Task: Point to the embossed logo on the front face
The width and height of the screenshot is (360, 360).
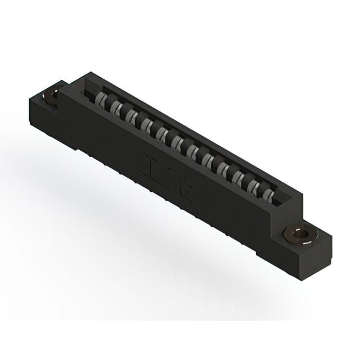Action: [169, 177]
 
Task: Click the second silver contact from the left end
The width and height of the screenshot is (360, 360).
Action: [116, 108]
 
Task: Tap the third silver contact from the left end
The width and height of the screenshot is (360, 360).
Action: [132, 117]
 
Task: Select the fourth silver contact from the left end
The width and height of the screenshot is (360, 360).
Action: [147, 125]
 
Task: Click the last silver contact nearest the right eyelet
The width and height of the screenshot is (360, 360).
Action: [268, 196]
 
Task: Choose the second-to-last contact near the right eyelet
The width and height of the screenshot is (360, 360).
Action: [254, 187]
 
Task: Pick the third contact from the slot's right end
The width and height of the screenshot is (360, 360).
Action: [238, 178]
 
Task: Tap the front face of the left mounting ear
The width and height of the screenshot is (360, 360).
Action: [42, 115]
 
